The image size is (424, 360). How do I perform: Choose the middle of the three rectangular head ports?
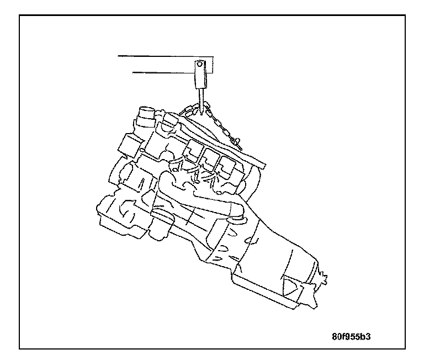[210, 155]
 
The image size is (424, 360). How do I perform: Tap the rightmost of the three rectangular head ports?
[226, 162]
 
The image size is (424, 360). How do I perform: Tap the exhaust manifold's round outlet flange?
[239, 216]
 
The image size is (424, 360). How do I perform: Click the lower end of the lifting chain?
[241, 145]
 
